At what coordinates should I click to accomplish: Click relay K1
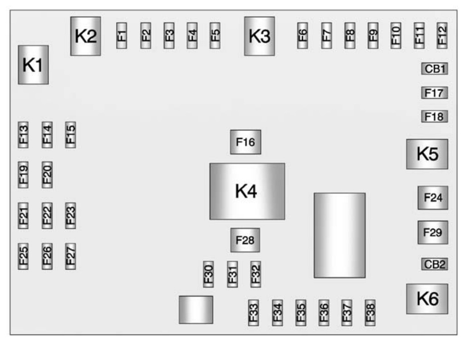tap(33, 64)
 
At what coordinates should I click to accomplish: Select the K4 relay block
tap(247, 191)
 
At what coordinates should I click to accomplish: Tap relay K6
tap(427, 299)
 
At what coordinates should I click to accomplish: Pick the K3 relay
tap(259, 36)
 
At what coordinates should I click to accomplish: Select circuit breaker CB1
tap(435, 69)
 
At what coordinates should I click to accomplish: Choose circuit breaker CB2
tap(435, 264)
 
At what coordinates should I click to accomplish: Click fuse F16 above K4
tap(245, 142)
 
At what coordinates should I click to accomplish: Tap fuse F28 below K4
tap(245, 240)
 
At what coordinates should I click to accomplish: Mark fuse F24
tap(433, 197)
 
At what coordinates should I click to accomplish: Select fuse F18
tap(435, 117)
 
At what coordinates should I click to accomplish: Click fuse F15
tap(70, 134)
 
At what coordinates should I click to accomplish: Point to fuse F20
tap(47, 174)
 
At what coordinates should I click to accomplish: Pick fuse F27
tap(70, 256)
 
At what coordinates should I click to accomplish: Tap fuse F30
tap(208, 274)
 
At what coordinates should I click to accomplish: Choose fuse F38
tap(370, 312)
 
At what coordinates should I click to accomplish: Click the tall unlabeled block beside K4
tap(339, 235)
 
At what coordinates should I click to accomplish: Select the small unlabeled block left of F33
tap(196, 310)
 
